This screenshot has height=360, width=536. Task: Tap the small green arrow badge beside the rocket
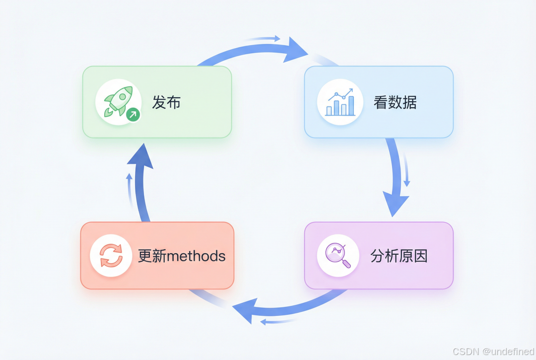click(x=133, y=115)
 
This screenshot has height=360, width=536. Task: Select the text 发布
click(x=166, y=103)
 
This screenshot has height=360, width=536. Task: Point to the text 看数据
click(x=395, y=103)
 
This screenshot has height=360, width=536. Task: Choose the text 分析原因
click(x=399, y=256)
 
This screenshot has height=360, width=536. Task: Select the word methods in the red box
click(x=196, y=256)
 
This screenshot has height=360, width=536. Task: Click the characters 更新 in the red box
click(x=152, y=256)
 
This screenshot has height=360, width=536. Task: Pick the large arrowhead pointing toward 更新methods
click(x=246, y=311)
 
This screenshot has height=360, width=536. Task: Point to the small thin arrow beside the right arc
click(x=406, y=171)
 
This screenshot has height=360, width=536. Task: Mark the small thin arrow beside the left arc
click(x=129, y=189)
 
